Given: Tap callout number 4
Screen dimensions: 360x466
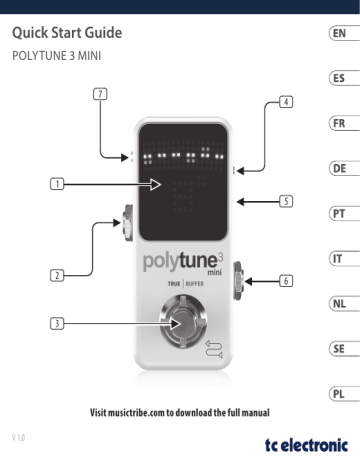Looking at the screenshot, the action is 287,102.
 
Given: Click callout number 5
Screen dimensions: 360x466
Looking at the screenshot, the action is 287,201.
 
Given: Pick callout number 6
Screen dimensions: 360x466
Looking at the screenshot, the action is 287,281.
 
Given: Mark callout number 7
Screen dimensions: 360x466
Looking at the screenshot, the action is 99,93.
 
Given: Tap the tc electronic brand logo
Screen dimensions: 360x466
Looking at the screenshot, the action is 305,445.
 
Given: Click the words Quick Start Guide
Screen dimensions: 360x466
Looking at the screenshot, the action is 68,36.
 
